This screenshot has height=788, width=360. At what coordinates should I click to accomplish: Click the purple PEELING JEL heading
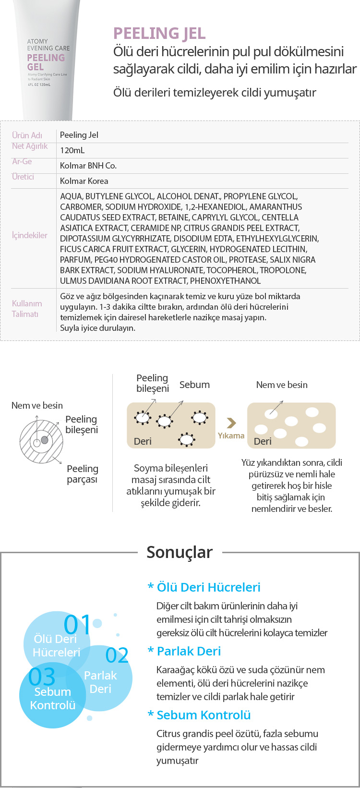(x=159, y=34)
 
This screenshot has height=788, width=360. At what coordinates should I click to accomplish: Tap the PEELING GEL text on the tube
(x=46, y=62)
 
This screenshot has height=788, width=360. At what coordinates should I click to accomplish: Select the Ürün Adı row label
(x=27, y=135)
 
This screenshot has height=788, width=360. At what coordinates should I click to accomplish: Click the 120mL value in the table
(x=72, y=150)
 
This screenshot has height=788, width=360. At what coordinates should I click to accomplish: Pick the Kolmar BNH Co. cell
(x=88, y=166)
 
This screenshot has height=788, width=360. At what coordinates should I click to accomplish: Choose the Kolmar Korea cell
(x=84, y=181)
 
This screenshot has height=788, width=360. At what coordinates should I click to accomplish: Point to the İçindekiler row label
(x=30, y=235)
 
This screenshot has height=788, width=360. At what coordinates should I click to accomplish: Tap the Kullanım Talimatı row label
(x=27, y=309)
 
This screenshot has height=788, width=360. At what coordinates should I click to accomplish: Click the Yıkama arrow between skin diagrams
(x=231, y=423)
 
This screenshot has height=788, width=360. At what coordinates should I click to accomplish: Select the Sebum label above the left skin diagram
(x=194, y=385)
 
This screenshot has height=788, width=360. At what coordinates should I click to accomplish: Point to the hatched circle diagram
(x=41, y=440)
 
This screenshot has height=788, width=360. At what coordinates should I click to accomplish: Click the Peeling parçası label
(x=82, y=474)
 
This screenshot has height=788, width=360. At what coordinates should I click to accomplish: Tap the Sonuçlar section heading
(x=180, y=552)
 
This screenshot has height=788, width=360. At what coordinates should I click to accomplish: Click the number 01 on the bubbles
(x=77, y=625)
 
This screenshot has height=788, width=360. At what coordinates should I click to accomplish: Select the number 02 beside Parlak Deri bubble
(x=117, y=655)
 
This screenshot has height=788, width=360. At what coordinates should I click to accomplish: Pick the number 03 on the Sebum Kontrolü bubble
(x=42, y=677)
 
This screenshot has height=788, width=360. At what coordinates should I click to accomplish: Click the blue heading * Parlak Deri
(x=184, y=651)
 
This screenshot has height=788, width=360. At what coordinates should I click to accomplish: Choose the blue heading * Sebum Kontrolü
(x=199, y=715)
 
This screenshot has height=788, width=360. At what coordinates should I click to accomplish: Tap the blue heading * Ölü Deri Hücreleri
(x=204, y=587)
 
